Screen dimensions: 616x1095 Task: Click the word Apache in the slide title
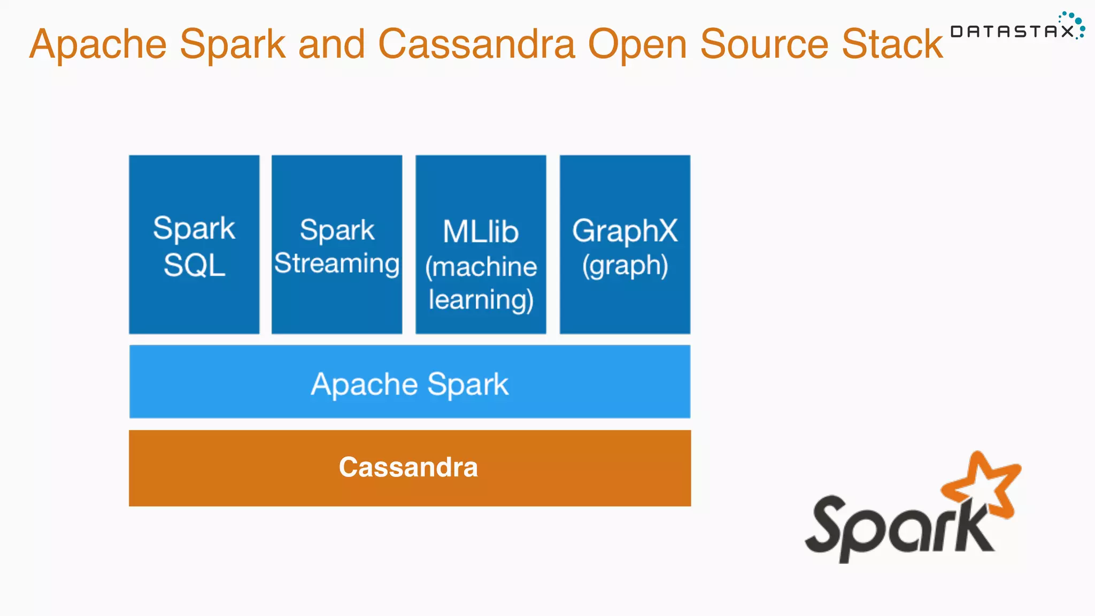(98, 44)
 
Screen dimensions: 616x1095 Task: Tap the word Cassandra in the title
(476, 44)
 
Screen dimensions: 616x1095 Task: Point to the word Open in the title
(637, 45)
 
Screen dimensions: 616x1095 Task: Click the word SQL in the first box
(194, 265)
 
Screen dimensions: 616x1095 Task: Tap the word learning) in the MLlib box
(481, 300)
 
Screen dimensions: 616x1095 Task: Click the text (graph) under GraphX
(624, 266)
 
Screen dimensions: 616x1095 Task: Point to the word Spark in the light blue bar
(468, 384)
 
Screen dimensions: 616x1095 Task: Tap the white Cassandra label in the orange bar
(408, 467)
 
